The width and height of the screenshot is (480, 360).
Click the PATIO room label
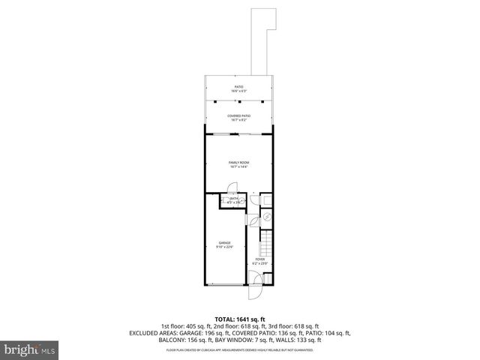tap(238, 87)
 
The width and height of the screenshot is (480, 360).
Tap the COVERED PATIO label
tap(238, 115)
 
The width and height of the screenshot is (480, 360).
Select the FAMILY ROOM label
tap(238, 162)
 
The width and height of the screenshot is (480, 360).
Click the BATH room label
tap(234, 198)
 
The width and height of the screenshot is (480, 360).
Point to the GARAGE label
tap(224, 243)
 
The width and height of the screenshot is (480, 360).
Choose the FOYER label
tap(260, 259)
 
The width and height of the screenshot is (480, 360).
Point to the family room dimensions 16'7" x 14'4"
tap(238, 166)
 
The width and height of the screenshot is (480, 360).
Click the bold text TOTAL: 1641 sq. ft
tap(239, 319)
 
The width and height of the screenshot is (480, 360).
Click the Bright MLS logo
tap(29, 349)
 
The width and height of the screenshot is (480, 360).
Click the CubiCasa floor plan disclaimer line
tap(239, 349)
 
